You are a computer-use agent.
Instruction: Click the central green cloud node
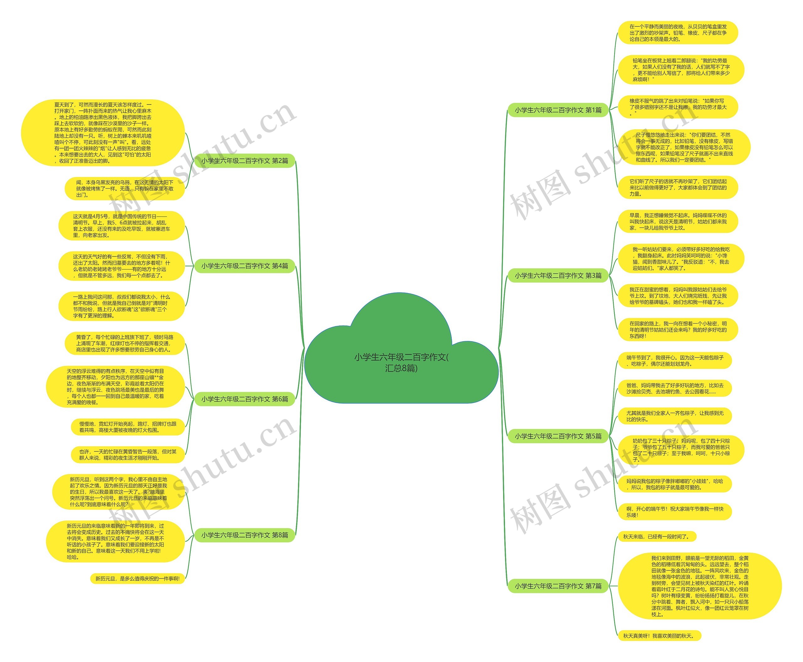pos(401,362)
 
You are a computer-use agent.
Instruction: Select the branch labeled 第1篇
pos(558,110)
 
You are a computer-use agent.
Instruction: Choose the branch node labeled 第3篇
pos(558,275)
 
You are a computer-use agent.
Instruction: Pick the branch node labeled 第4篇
pos(245,266)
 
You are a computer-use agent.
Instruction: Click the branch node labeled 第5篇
pos(558,436)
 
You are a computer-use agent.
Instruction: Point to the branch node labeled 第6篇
pos(245,399)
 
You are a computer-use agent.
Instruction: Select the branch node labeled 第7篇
pos(558,586)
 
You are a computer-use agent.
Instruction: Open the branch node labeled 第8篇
pos(245,535)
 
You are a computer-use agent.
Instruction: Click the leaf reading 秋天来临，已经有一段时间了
pos(656,536)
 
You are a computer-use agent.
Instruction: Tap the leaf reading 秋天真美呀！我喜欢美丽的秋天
pos(659,636)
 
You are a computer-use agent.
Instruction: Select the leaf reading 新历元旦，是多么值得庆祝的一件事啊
pos(137,579)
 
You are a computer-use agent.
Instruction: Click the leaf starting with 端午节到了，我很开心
pos(674,361)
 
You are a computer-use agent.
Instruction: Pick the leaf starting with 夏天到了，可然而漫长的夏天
pos(103,133)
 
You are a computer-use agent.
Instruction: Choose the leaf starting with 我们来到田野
pos(699,586)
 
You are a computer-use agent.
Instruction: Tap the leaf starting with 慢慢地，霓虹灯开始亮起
pos(128,427)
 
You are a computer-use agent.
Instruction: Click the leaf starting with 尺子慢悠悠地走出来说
pos(684,147)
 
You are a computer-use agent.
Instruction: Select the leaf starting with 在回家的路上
pos(678,330)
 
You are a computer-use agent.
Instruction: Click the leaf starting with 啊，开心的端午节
pos(674,512)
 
